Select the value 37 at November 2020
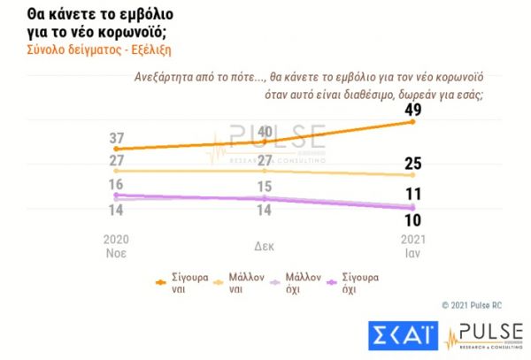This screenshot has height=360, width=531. point(117,138)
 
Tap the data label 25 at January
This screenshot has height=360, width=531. point(412,164)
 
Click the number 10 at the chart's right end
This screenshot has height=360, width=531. point(412,220)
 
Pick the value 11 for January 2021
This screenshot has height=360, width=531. point(412,195)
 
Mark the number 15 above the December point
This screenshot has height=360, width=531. point(263,187)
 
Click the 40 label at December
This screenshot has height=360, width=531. point(263,133)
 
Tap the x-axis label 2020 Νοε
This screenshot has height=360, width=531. point(117,246)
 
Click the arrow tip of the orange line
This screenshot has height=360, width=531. point(412,120)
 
